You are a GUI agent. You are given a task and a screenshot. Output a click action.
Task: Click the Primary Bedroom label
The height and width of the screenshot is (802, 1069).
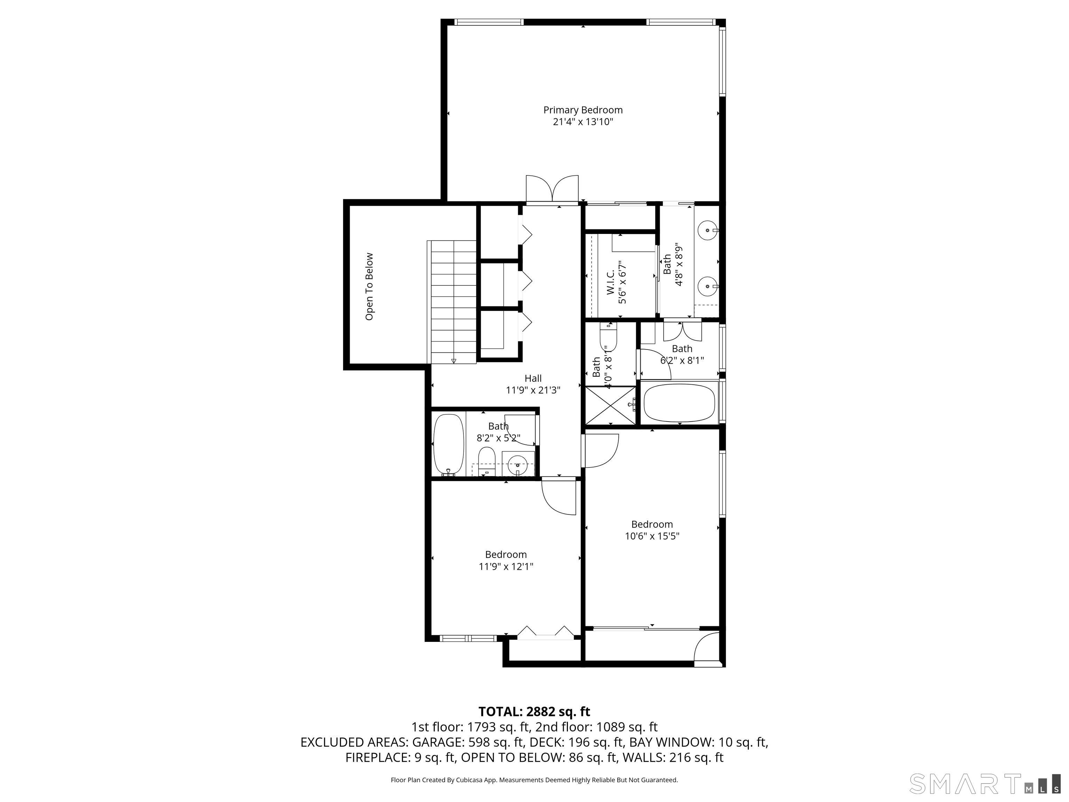tap(583, 110)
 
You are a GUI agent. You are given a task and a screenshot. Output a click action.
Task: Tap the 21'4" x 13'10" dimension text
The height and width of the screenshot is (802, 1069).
tap(583, 122)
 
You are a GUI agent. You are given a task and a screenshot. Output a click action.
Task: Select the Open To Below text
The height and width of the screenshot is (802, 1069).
tap(370, 286)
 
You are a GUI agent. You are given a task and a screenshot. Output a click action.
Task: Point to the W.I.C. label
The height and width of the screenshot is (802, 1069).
tap(610, 282)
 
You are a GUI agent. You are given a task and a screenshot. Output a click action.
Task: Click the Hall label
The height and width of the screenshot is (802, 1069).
tap(533, 378)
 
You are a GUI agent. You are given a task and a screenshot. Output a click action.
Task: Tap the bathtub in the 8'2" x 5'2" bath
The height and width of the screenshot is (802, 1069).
tap(449, 444)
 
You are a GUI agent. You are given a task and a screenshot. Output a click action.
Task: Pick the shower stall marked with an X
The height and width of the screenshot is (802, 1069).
tap(610, 405)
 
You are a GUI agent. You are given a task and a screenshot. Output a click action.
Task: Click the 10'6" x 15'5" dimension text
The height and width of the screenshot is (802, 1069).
tap(652, 536)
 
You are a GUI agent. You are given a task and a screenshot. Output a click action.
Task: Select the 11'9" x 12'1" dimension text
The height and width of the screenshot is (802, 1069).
tap(506, 567)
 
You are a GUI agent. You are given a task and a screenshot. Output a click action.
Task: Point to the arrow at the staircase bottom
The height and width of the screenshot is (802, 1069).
tap(453, 361)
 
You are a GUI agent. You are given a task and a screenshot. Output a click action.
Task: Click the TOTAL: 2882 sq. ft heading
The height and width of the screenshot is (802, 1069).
tap(534, 711)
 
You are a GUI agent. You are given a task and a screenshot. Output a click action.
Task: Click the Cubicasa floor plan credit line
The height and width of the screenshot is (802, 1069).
tap(534, 780)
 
